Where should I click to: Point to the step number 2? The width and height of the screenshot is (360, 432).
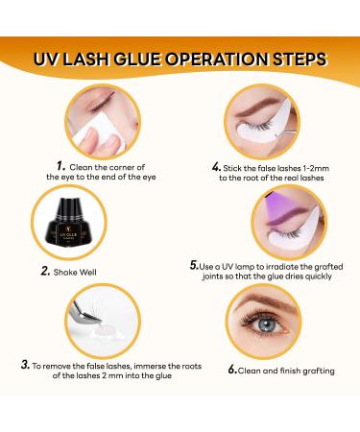point(45,271)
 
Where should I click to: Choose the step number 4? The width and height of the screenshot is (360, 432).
point(217,165)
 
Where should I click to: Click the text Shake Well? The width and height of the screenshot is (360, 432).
point(81,272)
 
